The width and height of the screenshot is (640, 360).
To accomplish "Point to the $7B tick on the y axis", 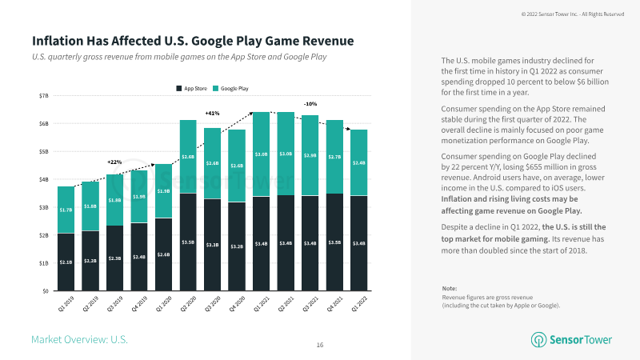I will pos(43,95).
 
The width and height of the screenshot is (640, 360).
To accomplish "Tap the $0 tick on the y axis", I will pos(46,290).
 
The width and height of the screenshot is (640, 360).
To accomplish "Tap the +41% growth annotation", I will pos(212,113).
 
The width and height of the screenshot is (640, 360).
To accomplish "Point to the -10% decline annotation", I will pos(310,104).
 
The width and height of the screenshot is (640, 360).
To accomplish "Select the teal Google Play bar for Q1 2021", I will pos(261,154).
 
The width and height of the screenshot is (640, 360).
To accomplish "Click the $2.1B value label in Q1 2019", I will pos(66,262).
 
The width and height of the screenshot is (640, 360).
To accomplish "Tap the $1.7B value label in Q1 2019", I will pos(66,210).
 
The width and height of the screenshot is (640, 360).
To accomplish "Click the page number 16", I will pos(320,345).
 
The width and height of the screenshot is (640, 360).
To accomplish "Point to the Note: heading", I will pos(450,288).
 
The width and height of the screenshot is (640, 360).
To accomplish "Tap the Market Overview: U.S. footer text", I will pos(79,340).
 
